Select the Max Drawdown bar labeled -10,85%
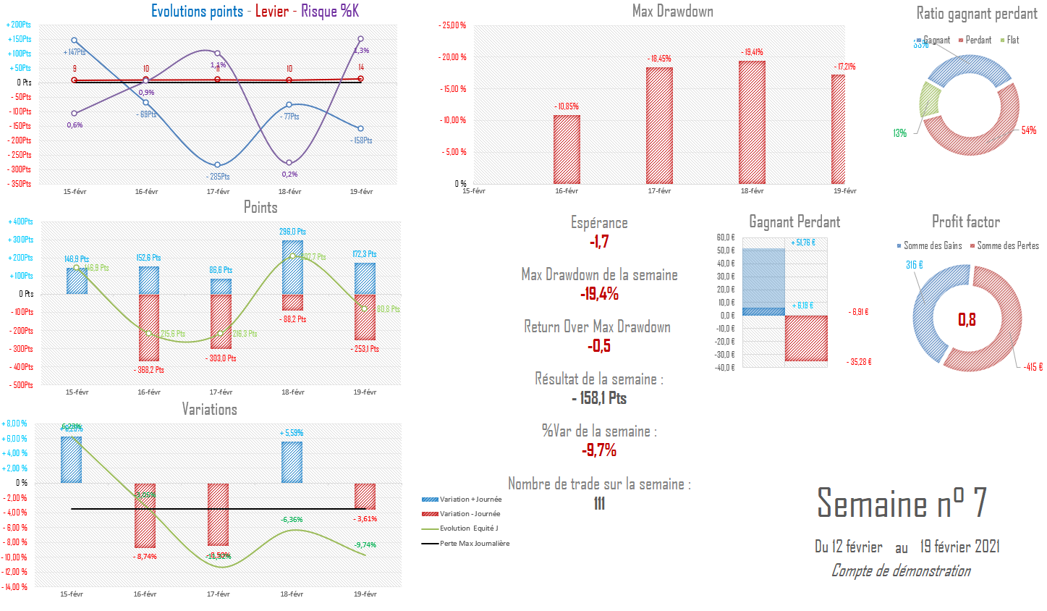click(567, 149)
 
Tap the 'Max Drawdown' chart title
click(672, 11)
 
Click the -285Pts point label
click(218, 177)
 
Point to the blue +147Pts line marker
click(75, 41)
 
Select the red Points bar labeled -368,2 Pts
click(149, 327)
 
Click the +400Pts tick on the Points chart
click(20, 222)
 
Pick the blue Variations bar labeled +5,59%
click(292, 462)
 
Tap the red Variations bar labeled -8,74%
click(145, 515)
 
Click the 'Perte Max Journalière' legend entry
click(474, 544)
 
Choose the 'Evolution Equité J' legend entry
click(468, 528)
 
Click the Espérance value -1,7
click(599, 242)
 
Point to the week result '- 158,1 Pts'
click(599, 398)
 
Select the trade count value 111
click(599, 503)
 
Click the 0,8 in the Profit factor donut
click(967, 319)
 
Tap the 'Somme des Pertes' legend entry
click(1007, 246)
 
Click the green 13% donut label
click(899, 133)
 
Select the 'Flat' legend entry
click(1012, 41)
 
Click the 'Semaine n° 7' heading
click(902, 502)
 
